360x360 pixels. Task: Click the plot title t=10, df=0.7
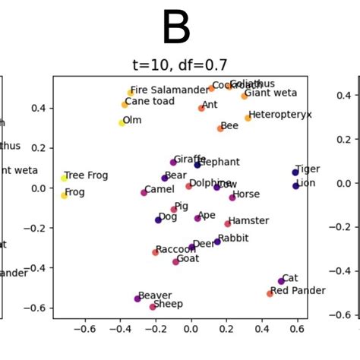pos(180,65)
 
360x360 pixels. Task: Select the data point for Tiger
pos(295,172)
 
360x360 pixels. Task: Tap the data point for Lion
pos(295,185)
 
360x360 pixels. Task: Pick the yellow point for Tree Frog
pos(65,178)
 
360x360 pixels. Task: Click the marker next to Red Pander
pos(270,293)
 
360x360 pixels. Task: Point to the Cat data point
pos(281,281)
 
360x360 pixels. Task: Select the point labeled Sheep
pos(153,307)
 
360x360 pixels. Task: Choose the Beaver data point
pos(137,298)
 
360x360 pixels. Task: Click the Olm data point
pos(122,122)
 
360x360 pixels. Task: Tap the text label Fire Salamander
pos(169,90)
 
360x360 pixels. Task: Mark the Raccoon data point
pos(156,252)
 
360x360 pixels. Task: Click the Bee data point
pos(220,128)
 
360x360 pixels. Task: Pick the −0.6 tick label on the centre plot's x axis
pos(85,330)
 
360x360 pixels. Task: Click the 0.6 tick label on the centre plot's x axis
pos(297,330)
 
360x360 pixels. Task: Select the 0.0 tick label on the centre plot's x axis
pos(191,330)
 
